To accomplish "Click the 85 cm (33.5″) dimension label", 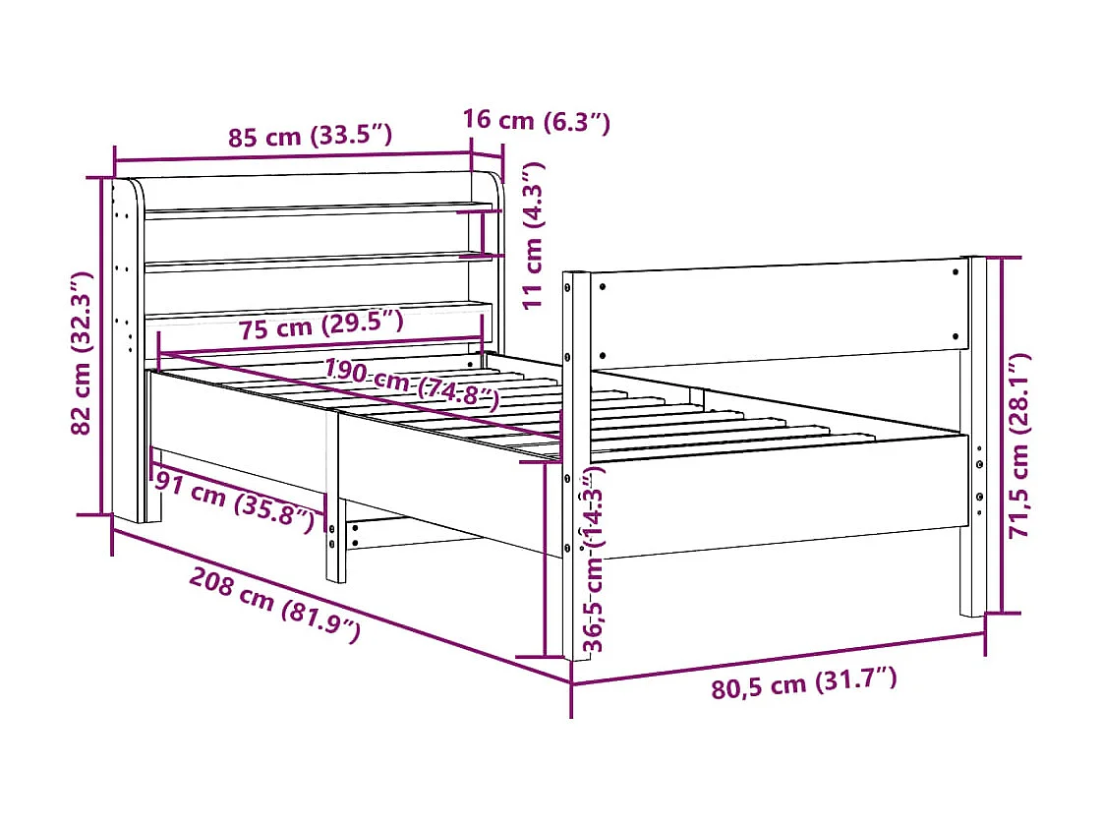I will click(x=311, y=137).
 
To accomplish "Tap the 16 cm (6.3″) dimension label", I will click(x=537, y=122).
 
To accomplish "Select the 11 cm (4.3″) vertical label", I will click(x=534, y=236).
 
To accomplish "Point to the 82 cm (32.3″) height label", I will click(x=83, y=349).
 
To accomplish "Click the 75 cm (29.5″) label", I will click(x=321, y=324).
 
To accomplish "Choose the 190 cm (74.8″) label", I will click(x=411, y=384).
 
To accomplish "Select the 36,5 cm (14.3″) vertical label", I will click(x=594, y=560).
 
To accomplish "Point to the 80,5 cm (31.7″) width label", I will click(x=803, y=683).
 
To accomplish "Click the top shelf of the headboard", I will click(x=315, y=208).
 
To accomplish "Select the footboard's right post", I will click(x=972, y=433).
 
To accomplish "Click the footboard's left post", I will click(x=577, y=462).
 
